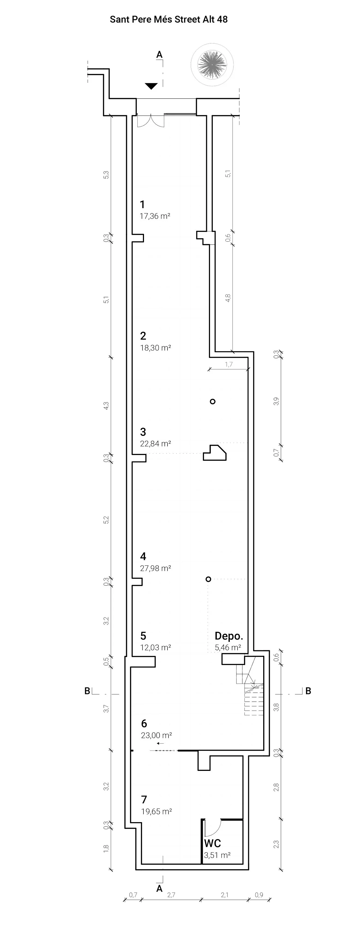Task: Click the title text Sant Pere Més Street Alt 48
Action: pyautogui.click(x=169, y=20)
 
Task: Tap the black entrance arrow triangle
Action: pyautogui.click(x=151, y=86)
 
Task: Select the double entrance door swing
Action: pyautogui.click(x=151, y=121)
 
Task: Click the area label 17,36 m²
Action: pyautogui.click(x=155, y=216)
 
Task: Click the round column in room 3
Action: pyautogui.click(x=212, y=401)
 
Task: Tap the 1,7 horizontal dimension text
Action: pyautogui.click(x=229, y=364)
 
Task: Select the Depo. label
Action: pyautogui.click(x=229, y=636)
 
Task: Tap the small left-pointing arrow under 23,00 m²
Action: pyautogui.click(x=160, y=743)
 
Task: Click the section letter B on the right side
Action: pyautogui.click(x=308, y=691)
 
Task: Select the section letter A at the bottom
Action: pyautogui.click(x=159, y=889)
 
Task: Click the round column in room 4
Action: pyautogui.click(x=208, y=579)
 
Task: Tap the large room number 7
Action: pyautogui.click(x=144, y=799)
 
